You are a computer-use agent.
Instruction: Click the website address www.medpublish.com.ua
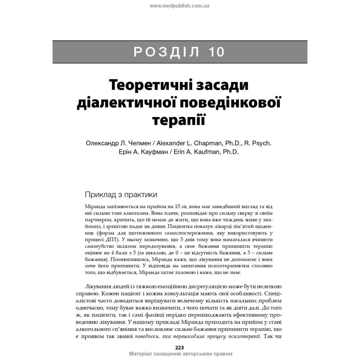tap(179, 6)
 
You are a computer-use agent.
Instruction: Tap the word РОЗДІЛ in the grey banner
tap(166, 52)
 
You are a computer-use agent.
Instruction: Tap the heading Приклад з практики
tap(121, 195)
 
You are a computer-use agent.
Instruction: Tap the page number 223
tap(179, 347)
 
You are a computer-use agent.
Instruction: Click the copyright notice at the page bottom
tap(180, 354)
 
